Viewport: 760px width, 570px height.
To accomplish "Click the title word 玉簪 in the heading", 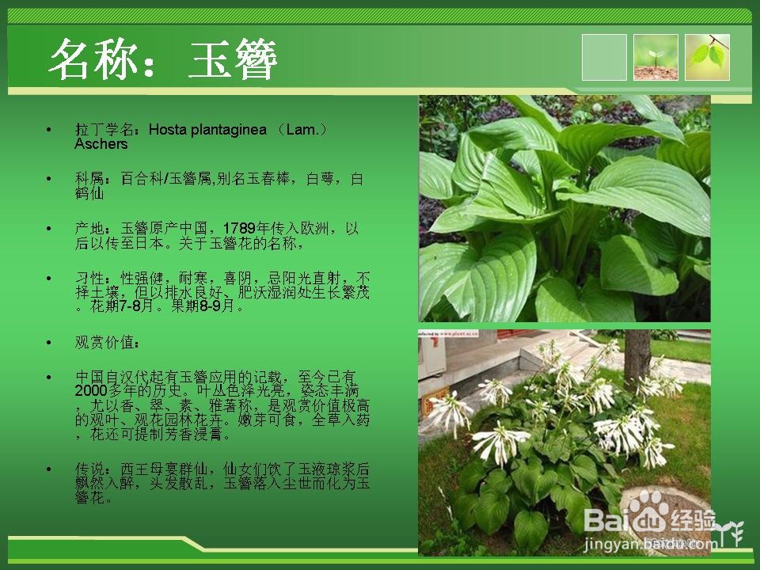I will (233, 60).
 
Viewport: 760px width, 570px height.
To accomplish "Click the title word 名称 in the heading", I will (94, 60).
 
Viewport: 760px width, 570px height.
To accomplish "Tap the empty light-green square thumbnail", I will (604, 57).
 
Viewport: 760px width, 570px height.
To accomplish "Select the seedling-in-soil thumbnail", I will (655, 57).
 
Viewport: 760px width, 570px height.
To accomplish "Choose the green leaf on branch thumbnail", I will (707, 57).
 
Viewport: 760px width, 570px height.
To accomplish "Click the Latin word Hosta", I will (168, 129).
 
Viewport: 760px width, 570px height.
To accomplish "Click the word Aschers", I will (101, 144).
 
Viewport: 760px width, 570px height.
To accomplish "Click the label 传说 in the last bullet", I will (88, 469).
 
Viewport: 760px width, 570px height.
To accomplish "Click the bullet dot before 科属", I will (49, 179).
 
